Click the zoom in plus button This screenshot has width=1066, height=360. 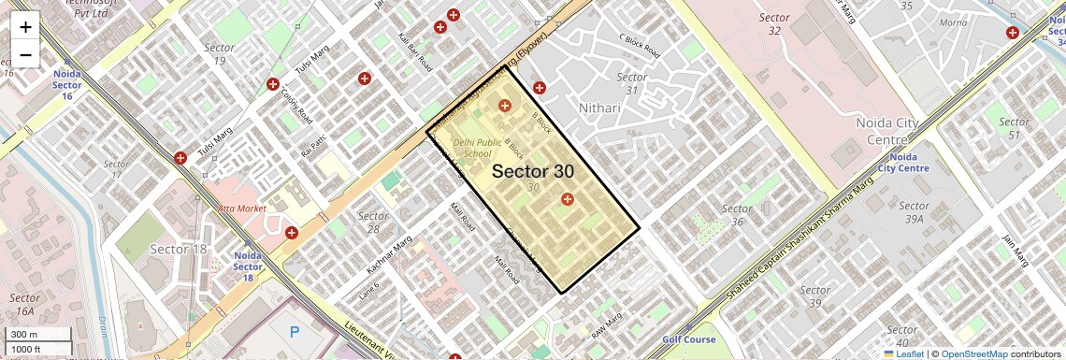25,27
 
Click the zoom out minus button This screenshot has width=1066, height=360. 25,54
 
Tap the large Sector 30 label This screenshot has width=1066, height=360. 533,171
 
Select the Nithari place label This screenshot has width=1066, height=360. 599,108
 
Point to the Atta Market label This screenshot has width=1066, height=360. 242,208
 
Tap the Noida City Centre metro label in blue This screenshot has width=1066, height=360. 903,163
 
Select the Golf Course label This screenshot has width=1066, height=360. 688,339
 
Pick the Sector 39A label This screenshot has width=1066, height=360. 914,212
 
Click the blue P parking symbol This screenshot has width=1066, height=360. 295,332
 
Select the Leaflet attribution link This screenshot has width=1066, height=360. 903,353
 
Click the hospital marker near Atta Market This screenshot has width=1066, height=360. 292,232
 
